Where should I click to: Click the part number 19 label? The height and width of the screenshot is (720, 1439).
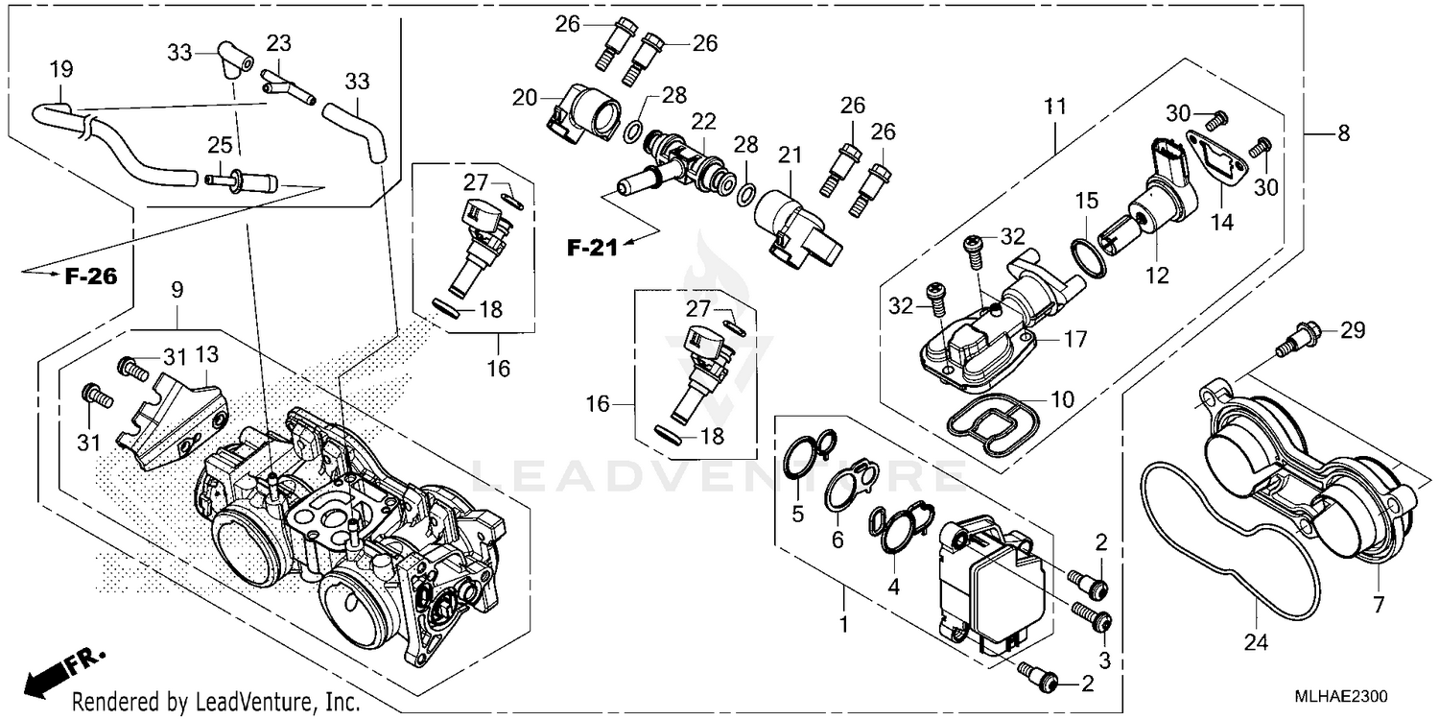60,70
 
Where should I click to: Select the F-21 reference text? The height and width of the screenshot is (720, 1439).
589,249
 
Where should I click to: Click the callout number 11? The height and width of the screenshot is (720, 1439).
1056,108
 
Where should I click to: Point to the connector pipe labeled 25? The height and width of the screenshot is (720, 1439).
246,180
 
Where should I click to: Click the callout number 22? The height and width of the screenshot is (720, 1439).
704,122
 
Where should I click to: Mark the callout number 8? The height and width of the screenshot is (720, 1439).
1343,133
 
